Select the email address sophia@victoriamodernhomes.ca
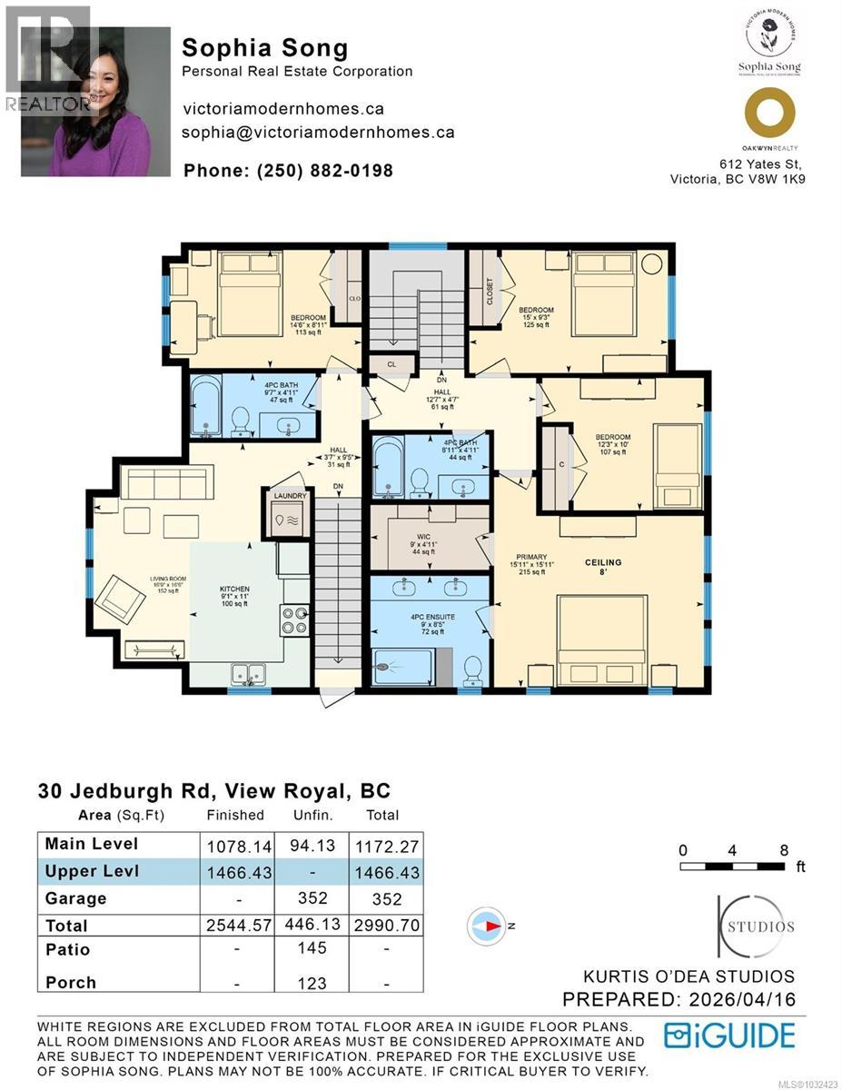point(318,132)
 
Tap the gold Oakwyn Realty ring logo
point(769,114)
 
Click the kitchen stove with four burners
point(293,620)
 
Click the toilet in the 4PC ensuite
point(472,671)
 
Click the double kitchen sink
point(248,674)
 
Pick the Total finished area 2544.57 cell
point(239,926)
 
